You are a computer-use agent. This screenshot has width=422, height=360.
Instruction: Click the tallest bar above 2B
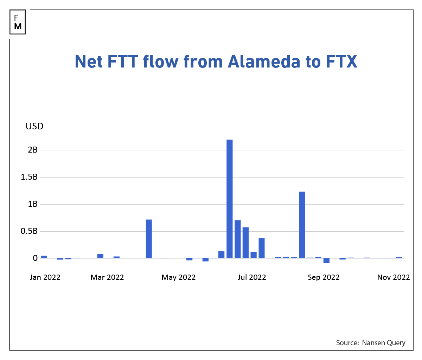pyautogui.click(x=230, y=199)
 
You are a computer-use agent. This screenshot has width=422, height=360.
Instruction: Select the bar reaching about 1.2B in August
pyautogui.click(x=302, y=225)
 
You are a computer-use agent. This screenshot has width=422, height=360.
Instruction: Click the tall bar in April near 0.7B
pyautogui.click(x=149, y=239)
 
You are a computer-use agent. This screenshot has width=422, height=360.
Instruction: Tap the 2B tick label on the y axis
pyautogui.click(x=33, y=150)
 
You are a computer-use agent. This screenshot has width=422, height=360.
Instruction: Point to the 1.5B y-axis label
pyautogui.click(x=29, y=177)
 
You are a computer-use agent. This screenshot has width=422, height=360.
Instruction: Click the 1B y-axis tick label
pyautogui.click(x=33, y=204)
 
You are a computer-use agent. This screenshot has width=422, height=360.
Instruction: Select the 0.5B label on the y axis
pyautogui.click(x=29, y=231)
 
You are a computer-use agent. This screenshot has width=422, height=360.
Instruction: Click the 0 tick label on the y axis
pyautogui.click(x=35, y=258)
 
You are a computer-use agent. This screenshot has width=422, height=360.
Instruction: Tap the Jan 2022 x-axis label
pyautogui.click(x=45, y=277)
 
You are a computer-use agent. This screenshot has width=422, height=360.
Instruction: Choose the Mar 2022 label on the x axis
pyautogui.click(x=107, y=277)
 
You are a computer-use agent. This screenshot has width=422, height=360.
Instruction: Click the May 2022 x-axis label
pyautogui.click(x=179, y=277)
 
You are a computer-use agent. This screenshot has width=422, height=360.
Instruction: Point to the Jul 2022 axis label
pyautogui.click(x=252, y=277)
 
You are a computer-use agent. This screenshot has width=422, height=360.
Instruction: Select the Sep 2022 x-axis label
pyautogui.click(x=324, y=277)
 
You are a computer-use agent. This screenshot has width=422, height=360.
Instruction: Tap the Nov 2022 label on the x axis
pyautogui.click(x=394, y=277)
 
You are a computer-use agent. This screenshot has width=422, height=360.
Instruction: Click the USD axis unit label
pyautogui.click(x=34, y=126)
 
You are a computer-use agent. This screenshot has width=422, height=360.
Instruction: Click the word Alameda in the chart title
pyautogui.click(x=264, y=62)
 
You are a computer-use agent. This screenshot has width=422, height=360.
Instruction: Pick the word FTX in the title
pyautogui.click(x=341, y=62)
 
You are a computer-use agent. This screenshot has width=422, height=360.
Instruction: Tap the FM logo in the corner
pyautogui.click(x=18, y=22)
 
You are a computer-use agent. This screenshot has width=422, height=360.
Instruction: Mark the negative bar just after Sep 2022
pyautogui.click(x=326, y=261)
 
